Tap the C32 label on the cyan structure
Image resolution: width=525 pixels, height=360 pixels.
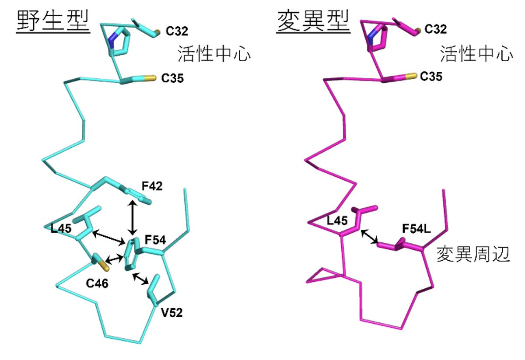click(x=177, y=31)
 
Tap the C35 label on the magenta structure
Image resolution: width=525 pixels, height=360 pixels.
click(x=431, y=77)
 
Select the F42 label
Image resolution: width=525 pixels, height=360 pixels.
click(x=152, y=186)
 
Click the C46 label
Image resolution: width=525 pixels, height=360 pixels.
click(x=97, y=284)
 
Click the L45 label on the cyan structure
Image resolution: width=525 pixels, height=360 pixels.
click(x=61, y=228)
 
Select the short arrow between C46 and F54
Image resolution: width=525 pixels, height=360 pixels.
click(x=114, y=259)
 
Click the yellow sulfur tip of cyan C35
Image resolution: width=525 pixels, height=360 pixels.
click(x=150, y=78)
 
